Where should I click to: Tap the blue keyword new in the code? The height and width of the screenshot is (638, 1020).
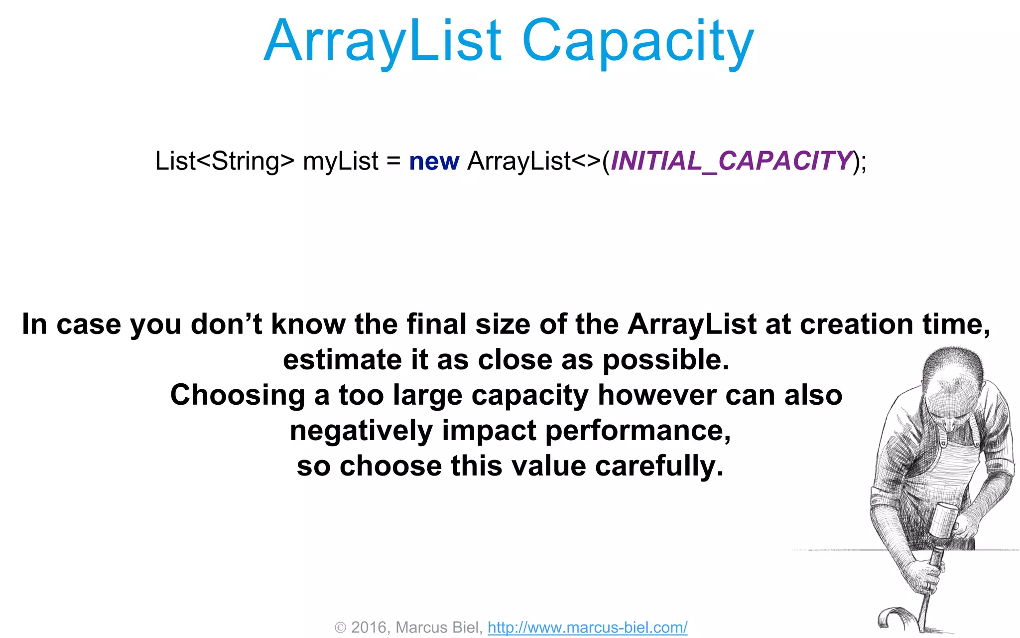coord(434,161)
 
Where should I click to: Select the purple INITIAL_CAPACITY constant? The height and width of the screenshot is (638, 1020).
coord(731,161)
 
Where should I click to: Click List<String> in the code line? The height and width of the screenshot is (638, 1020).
coord(225,161)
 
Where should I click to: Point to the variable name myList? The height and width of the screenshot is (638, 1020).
coord(340,161)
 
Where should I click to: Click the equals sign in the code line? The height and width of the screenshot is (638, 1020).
coord(393,161)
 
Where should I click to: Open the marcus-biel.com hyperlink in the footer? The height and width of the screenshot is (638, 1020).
coord(587,627)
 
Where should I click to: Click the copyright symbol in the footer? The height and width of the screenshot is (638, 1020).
coord(340,628)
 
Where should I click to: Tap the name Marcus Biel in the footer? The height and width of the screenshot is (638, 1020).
coord(438,627)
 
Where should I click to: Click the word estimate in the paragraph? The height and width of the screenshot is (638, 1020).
coord(342,360)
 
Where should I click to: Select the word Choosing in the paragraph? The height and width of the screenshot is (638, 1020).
coord(238,395)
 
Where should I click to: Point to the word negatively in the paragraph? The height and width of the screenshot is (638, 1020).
coord(361,431)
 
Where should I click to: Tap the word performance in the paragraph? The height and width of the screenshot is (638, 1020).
coord(637,431)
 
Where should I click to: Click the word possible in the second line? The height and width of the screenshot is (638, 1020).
coord(665,360)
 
